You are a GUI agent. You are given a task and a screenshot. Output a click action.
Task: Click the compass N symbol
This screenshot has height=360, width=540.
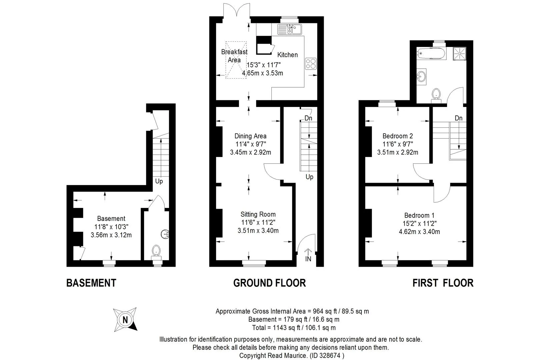125,320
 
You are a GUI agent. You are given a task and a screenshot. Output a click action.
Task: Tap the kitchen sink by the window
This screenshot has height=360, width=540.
290,29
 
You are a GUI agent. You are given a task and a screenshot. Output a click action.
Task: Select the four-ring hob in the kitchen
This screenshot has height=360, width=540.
311,64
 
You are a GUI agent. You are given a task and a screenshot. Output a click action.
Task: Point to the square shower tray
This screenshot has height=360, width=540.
459,54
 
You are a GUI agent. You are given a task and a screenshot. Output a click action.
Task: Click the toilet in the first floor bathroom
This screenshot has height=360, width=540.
436,96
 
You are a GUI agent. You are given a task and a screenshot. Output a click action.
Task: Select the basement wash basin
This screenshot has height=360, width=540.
165,234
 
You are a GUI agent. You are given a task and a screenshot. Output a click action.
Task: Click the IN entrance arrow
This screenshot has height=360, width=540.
308,252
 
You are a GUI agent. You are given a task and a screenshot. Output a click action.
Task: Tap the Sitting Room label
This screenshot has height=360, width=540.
258,214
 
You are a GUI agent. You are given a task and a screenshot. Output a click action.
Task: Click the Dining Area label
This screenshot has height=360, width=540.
250,136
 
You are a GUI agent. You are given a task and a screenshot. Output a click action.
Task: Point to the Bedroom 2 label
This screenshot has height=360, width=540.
398,136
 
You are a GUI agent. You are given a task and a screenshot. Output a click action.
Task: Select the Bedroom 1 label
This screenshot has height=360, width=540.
419,215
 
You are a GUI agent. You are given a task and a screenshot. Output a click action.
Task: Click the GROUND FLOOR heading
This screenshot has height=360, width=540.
270,283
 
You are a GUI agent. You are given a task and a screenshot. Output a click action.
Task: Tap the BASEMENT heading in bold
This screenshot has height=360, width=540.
91,283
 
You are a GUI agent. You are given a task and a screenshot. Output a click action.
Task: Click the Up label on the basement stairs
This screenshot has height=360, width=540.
159,181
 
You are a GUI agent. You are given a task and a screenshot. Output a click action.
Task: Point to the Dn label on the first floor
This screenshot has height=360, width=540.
459,118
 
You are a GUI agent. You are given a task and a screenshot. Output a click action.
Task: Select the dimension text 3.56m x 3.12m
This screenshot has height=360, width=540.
111,235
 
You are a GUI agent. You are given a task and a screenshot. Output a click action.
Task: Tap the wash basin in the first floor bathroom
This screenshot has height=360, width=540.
421,77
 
